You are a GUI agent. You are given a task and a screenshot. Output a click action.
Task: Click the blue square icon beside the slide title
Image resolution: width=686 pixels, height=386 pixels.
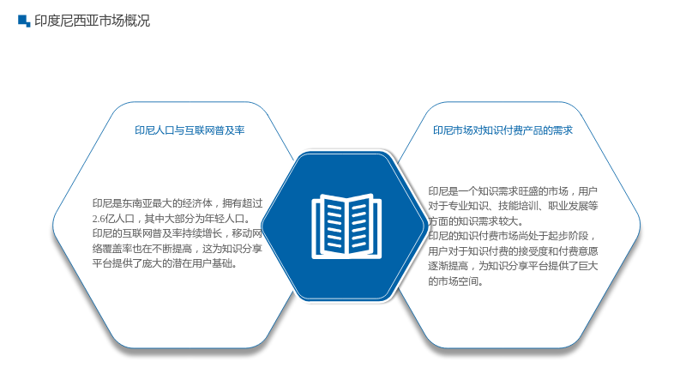point(24,21)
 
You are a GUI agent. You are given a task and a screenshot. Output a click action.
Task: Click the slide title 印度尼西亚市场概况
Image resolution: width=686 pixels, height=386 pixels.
point(93,21)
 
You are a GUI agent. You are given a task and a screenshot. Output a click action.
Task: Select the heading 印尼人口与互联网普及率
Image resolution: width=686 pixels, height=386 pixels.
point(190,130)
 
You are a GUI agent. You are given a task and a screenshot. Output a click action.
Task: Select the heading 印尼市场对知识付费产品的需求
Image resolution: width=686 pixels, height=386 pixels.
point(502,130)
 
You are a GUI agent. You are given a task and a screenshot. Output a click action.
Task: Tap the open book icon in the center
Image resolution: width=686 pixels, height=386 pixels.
point(346,226)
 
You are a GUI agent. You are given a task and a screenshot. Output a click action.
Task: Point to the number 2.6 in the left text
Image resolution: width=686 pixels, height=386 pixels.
point(99,219)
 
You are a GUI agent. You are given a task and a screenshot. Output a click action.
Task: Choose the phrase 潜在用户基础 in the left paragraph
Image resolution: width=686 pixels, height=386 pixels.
point(202,263)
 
